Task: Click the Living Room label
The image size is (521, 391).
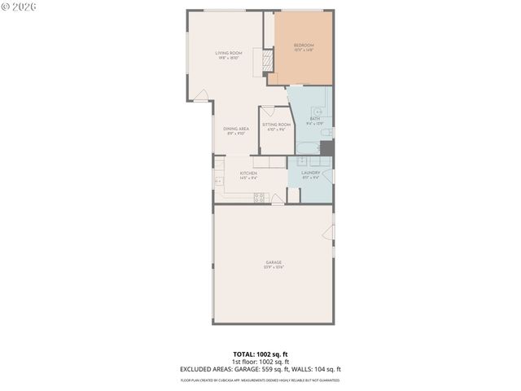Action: [x=229, y=55]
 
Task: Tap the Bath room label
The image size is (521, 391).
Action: [x=314, y=121]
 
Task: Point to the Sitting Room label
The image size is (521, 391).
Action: [x=276, y=126]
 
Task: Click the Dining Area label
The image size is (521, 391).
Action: [x=236, y=130]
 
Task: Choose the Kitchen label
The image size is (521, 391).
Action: [x=248, y=174]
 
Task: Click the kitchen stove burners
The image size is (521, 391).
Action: [x=260, y=195]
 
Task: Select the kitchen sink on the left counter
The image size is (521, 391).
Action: [x=217, y=180]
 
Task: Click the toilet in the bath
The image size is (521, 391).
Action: [x=326, y=130]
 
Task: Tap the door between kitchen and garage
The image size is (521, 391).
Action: [x=278, y=200]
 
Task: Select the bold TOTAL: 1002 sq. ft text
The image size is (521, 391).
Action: [x=260, y=354]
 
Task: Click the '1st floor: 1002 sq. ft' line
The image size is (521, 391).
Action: [x=260, y=362]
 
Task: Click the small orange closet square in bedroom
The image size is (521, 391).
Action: [x=273, y=78]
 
